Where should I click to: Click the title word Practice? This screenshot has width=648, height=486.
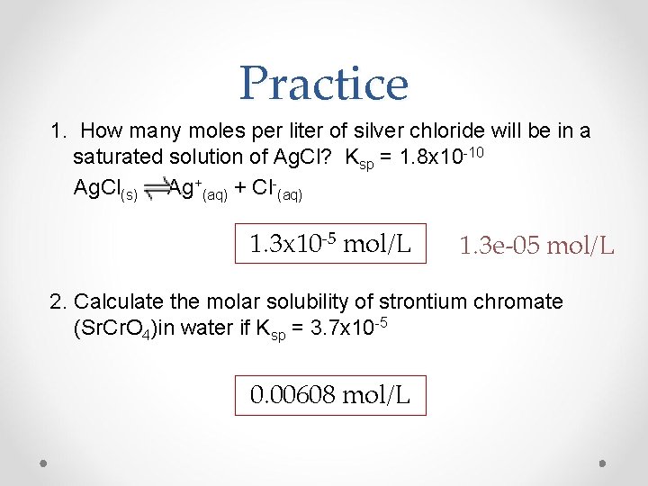coord(324,83)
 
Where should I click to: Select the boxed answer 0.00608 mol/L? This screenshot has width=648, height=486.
coord(330,393)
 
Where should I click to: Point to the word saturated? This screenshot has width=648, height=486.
coord(113,157)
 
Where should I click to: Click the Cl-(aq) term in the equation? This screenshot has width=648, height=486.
coord(274,189)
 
